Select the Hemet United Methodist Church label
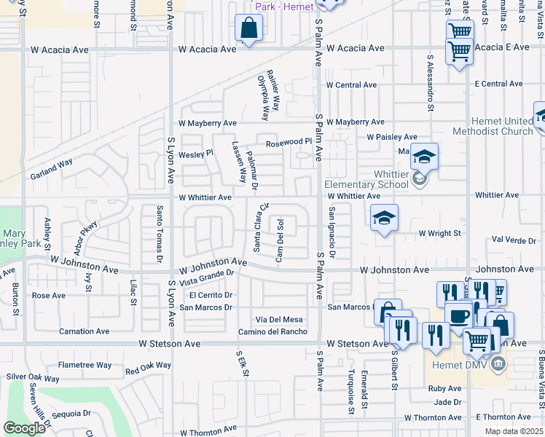point(493,126)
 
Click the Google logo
point(25,428)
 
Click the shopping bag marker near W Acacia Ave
point(249,29)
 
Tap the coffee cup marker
point(458,316)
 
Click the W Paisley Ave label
point(392,136)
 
